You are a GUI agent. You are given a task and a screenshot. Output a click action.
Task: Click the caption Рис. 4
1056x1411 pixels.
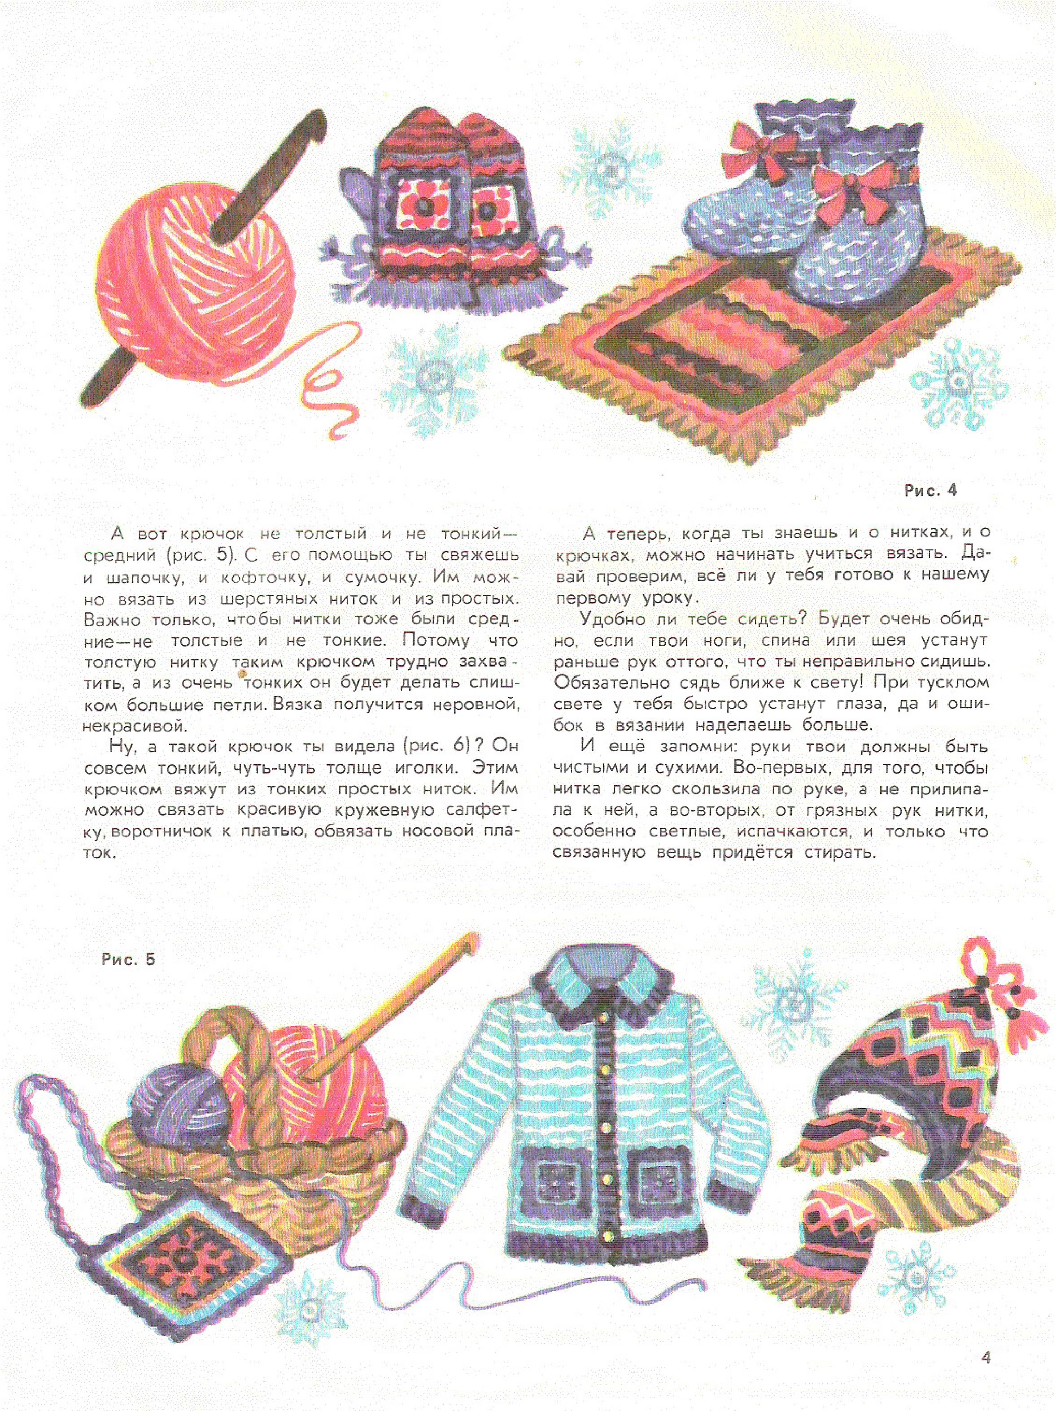pyautogui.click(x=930, y=491)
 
